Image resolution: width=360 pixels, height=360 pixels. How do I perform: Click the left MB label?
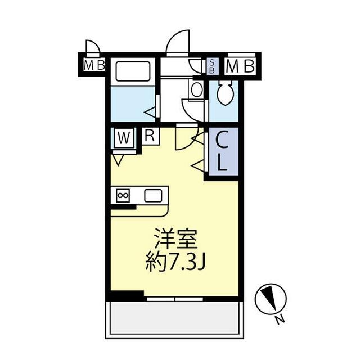pyautogui.click(x=94, y=65)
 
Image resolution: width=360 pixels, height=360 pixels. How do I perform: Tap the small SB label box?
pyautogui.click(x=211, y=66)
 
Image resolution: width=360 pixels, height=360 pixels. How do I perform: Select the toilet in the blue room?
pyautogui.click(x=225, y=93)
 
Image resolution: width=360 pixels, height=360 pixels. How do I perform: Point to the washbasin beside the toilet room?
pyautogui.click(x=196, y=89)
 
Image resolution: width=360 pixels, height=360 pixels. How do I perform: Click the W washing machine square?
pyautogui.click(x=124, y=137)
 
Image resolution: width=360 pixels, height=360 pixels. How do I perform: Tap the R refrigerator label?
pyautogui.click(x=150, y=135)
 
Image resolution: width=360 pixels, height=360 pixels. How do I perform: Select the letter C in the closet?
pyautogui.click(x=222, y=140)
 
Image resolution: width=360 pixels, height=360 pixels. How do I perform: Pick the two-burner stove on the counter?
pyautogui.click(x=123, y=195)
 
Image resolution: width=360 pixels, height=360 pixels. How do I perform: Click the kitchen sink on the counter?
pyautogui.click(x=153, y=196)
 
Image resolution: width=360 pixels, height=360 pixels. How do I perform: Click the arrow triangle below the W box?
pyautogui.click(x=118, y=160)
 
